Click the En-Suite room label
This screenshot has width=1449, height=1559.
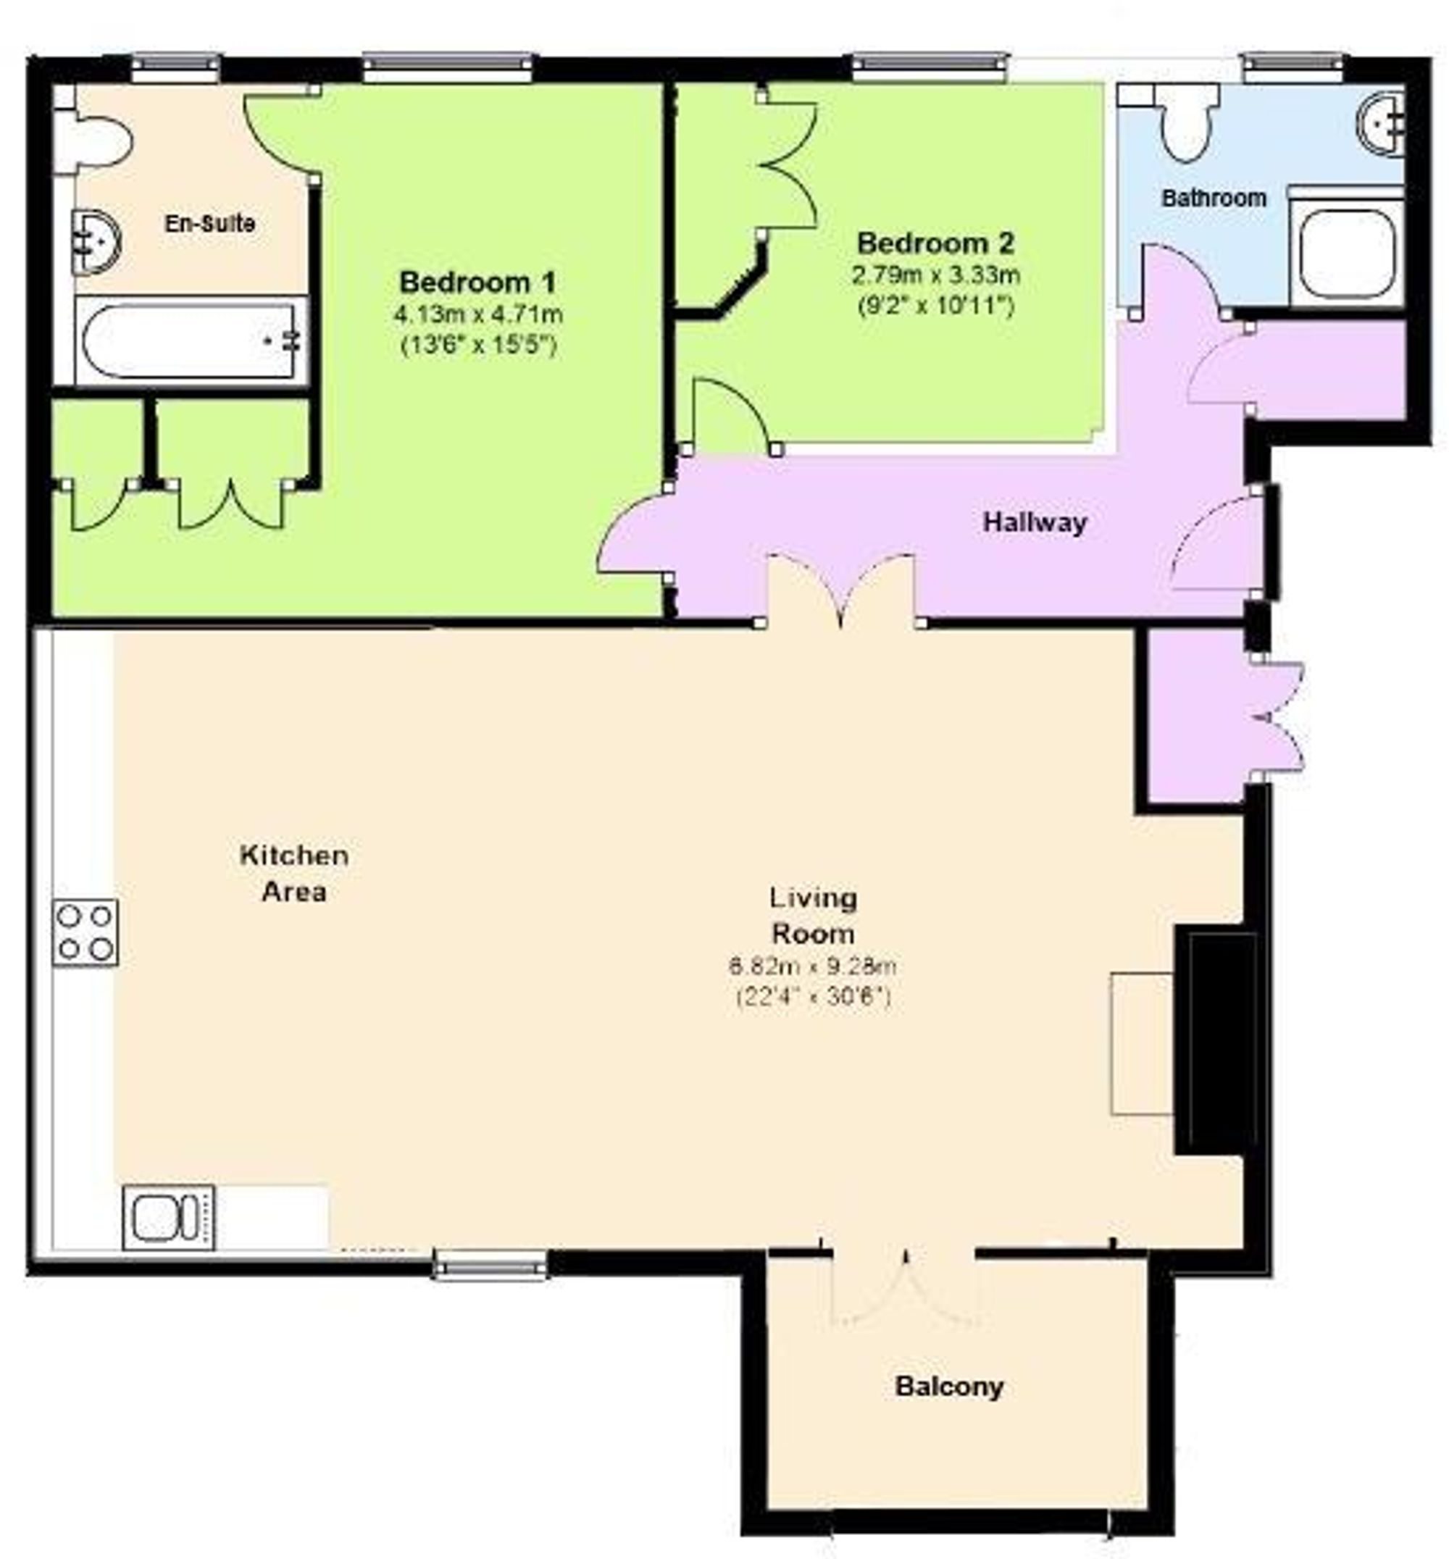coord(209,225)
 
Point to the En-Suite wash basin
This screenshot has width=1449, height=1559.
coord(95,241)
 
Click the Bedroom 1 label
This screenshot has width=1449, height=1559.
coord(477,282)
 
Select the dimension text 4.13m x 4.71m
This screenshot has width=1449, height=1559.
coord(477,315)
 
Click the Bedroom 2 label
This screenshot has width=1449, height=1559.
coord(935,243)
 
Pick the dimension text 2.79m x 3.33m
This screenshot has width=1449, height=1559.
coord(935,275)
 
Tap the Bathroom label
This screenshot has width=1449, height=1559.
coord(1213,198)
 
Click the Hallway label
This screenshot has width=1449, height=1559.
coord(1035,522)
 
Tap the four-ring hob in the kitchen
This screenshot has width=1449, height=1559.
coord(85,932)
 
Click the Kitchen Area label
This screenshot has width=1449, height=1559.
coord(294,874)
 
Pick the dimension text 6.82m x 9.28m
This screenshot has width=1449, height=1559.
coord(812,966)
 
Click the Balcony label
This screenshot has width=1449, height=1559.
coord(949,1386)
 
